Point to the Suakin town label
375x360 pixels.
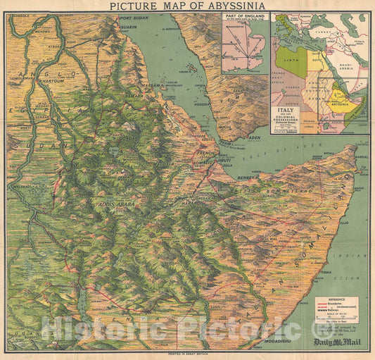click(129, 27)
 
